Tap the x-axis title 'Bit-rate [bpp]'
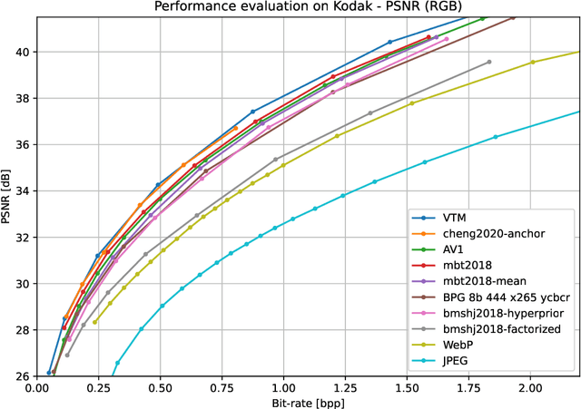tap(308, 400)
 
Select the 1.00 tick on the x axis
tap(283, 385)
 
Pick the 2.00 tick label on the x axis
tap(529, 385)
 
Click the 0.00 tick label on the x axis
tap(37, 385)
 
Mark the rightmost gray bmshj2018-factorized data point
tap(489, 62)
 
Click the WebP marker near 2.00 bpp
tap(533, 62)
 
